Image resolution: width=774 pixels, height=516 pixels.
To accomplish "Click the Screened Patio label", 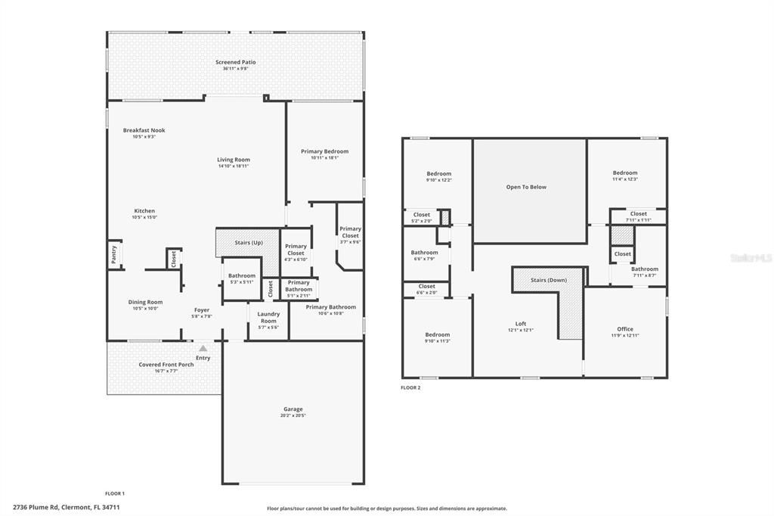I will coord(235,62).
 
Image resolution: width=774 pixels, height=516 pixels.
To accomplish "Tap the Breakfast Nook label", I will coord(144,130).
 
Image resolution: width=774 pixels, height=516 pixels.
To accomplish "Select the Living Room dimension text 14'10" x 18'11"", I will coord(234,166).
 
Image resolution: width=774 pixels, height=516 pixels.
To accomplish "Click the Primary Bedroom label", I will coord(324,151).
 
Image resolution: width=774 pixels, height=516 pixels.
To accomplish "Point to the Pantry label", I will coord(114,254).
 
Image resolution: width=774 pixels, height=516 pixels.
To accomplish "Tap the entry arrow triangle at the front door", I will coord(202,349).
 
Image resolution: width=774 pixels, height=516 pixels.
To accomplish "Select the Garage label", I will coord(293,409).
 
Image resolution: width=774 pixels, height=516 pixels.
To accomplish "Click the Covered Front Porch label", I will coord(166,365).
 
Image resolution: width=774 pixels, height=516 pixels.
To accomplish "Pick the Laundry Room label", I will coord(268,317).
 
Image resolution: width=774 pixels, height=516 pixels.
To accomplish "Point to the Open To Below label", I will coord(526,187).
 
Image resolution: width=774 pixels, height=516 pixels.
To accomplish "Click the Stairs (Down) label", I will coord(548,280).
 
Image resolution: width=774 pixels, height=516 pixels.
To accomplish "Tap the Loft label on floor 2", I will coord(521,323).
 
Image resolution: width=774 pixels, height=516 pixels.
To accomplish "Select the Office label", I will coord(624,328).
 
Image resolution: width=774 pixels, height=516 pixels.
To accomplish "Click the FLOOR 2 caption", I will coord(410,387).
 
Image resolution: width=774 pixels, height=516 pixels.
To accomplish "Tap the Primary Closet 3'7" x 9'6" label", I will coord(350,232).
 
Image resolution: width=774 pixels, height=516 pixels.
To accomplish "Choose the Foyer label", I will coord(202,309).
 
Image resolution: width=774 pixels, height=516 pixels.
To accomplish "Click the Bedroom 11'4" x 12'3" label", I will coord(625,173).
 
